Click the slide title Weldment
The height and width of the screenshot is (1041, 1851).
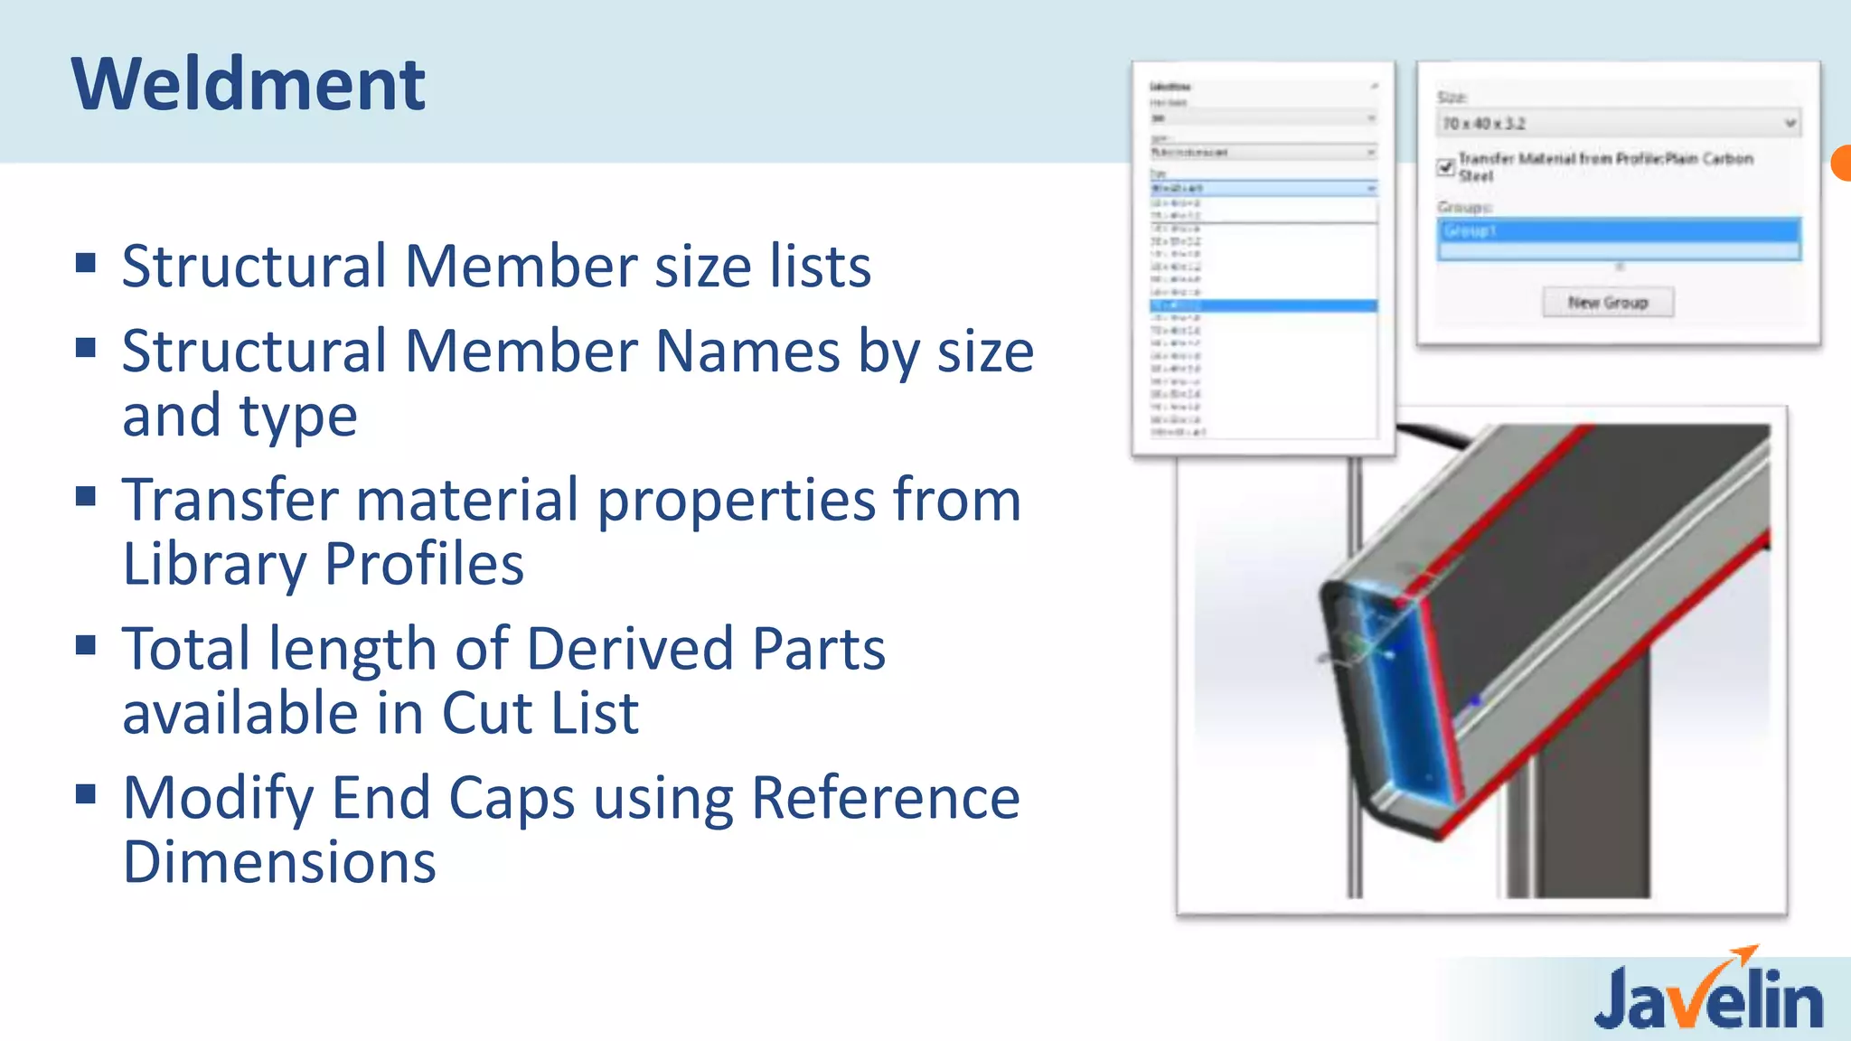pos(248,84)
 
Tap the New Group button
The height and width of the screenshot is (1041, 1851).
pos(1608,303)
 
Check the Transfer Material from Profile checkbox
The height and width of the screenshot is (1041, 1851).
pos(1445,167)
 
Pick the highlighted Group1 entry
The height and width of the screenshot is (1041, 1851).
pos(1618,231)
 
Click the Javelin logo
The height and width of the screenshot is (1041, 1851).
pos(1708,999)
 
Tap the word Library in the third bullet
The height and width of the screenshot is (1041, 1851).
pos(214,565)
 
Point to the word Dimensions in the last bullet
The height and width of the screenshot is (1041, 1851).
pos(279,862)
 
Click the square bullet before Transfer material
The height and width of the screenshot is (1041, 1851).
pos(86,496)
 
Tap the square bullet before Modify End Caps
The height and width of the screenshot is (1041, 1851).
pos(86,794)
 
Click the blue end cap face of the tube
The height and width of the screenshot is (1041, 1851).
pos(1396,705)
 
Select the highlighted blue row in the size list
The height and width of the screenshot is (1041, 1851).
pos(1263,306)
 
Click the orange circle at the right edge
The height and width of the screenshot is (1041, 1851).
pos(1841,163)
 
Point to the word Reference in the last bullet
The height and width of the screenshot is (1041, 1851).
pos(885,798)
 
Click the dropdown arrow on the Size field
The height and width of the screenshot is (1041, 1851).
pos(1789,124)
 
